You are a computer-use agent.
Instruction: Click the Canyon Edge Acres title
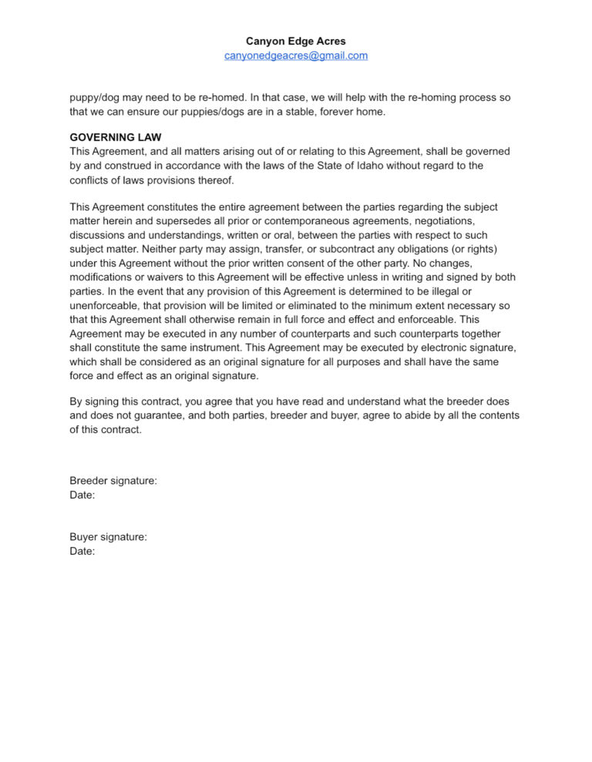295,41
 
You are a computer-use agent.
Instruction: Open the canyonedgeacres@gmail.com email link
295,55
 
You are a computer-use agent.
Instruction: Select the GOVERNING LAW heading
116,138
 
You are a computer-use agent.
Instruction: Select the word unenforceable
107,304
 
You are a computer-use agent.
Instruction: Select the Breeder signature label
113,481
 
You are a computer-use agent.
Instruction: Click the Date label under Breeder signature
82,495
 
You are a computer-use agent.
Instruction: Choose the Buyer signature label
108,537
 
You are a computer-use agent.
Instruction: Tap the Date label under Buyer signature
82,551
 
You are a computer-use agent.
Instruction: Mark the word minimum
369,304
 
